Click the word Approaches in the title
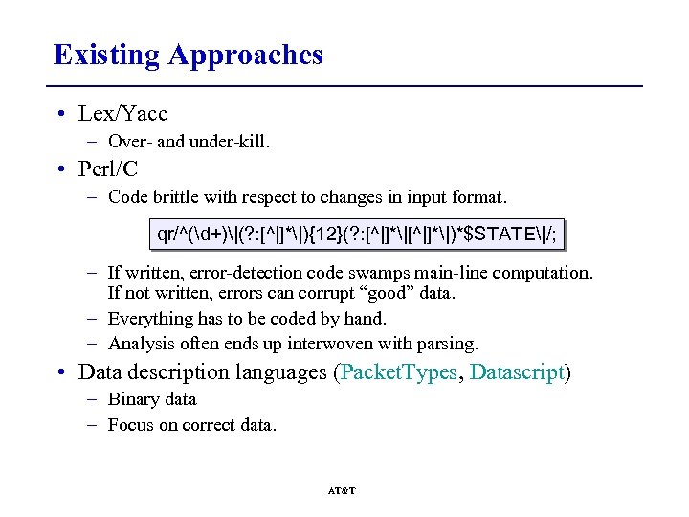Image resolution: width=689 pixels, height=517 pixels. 245,56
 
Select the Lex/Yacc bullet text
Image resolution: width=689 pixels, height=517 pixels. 122,114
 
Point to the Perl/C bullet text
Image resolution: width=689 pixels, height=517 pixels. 108,169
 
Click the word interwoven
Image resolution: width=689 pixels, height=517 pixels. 328,344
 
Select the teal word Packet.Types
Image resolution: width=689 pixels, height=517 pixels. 399,372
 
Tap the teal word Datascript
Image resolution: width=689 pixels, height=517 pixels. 518,372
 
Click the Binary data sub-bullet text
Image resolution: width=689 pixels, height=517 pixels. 151,399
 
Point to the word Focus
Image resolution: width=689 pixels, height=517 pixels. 129,425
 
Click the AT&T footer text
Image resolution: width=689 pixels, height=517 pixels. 342,490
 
